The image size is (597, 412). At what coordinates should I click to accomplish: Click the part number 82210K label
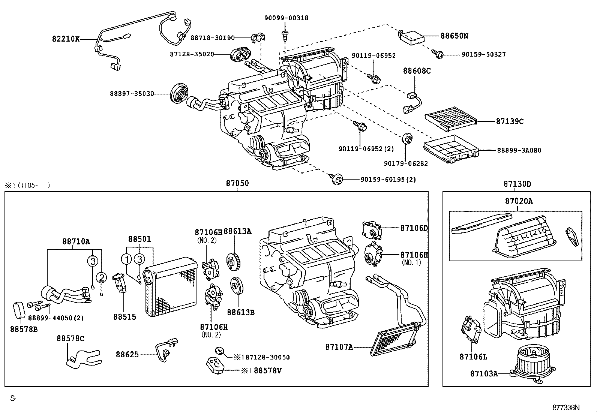click(x=66, y=39)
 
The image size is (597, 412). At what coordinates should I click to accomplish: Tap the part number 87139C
click(x=510, y=121)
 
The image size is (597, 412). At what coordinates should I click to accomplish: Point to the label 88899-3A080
click(x=519, y=151)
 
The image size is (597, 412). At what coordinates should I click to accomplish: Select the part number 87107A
click(x=339, y=347)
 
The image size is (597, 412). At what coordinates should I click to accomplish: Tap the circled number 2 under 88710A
click(x=101, y=278)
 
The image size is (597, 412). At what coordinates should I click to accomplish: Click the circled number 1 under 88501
click(x=127, y=259)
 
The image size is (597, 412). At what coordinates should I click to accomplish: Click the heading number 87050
click(x=237, y=184)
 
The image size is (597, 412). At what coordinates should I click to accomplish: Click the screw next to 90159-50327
click(x=439, y=54)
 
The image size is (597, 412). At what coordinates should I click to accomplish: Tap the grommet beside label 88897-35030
click(x=178, y=94)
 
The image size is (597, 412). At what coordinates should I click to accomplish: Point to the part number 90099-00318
click(x=286, y=18)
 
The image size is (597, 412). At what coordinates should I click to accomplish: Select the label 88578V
click(x=267, y=371)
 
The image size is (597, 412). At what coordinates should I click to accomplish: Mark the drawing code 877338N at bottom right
click(x=566, y=407)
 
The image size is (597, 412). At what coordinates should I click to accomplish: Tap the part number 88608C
click(x=417, y=71)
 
